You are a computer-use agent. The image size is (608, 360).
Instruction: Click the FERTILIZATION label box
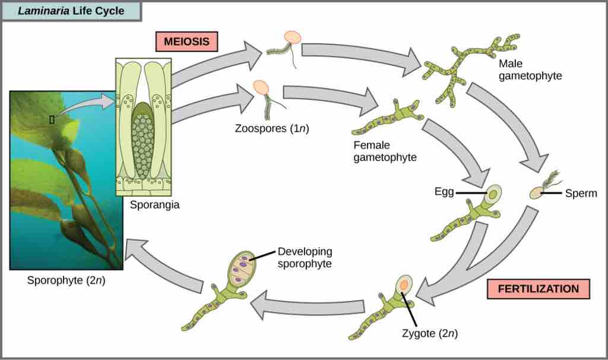(538, 289)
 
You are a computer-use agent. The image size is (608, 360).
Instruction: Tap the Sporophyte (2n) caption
(66, 279)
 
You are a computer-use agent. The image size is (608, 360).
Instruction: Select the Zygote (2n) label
(429, 333)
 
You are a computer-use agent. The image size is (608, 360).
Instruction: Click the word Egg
(444, 192)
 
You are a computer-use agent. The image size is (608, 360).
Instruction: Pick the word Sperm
(581, 193)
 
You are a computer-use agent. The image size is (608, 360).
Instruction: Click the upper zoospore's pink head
(292, 37)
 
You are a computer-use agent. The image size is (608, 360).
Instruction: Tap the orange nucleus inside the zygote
(403, 286)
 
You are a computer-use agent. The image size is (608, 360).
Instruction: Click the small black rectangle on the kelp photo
(52, 119)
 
